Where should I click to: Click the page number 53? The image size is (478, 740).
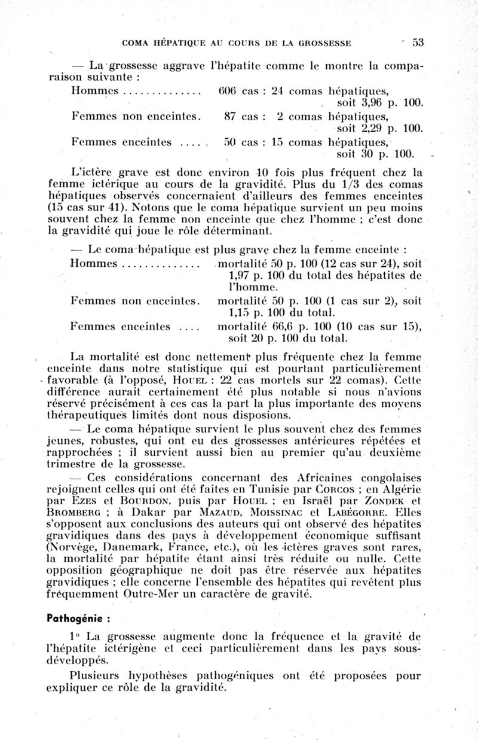(x=417, y=42)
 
